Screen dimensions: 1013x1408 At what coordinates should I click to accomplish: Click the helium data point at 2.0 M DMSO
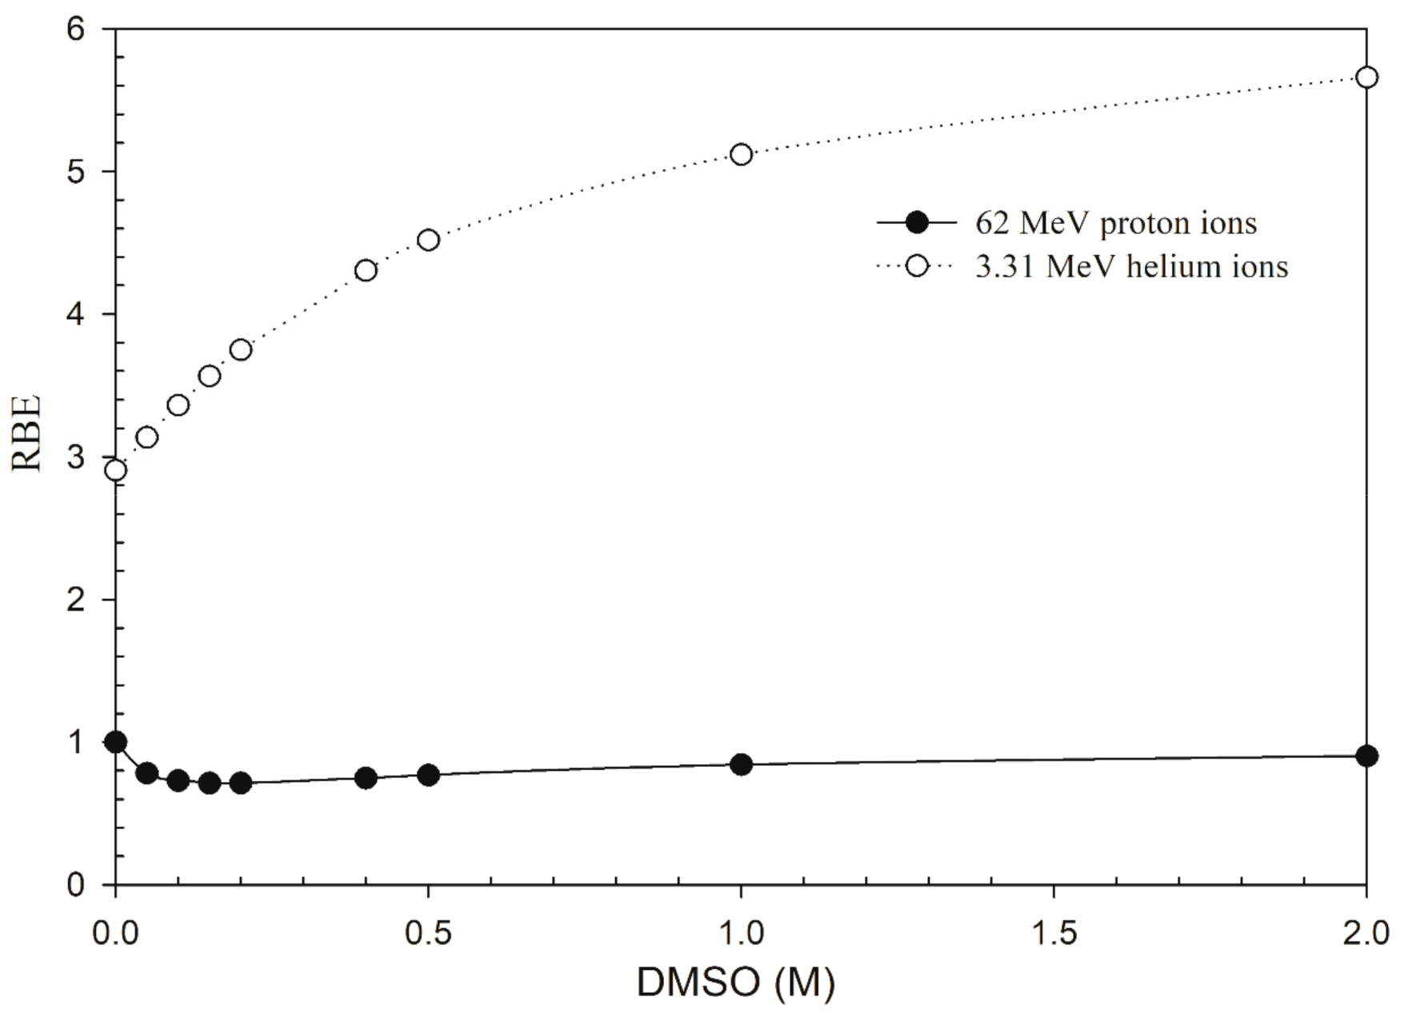1366,78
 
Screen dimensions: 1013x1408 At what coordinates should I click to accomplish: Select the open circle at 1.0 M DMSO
741,154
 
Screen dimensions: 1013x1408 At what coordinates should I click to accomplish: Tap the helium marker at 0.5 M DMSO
428,240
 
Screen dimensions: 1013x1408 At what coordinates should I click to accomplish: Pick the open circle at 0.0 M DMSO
116,470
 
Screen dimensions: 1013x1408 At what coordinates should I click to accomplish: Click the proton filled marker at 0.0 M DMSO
116,742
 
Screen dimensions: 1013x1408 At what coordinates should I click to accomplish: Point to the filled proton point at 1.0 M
741,764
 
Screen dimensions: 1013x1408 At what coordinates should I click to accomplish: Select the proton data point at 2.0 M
1366,756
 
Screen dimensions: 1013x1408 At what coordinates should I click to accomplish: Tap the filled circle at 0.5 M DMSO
428,775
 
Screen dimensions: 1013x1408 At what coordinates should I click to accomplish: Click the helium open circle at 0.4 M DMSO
366,270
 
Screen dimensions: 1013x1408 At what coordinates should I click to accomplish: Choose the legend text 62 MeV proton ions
1115,223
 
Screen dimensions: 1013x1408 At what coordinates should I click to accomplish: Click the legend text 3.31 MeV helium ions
1131,266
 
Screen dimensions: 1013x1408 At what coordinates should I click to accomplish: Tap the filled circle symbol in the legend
917,223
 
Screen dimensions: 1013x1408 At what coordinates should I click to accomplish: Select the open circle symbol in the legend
917,266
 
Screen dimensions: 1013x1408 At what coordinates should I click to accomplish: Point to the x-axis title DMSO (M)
735,982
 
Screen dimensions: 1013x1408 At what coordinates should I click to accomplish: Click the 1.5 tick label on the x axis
1054,933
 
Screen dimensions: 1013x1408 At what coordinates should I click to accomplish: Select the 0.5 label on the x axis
428,933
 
